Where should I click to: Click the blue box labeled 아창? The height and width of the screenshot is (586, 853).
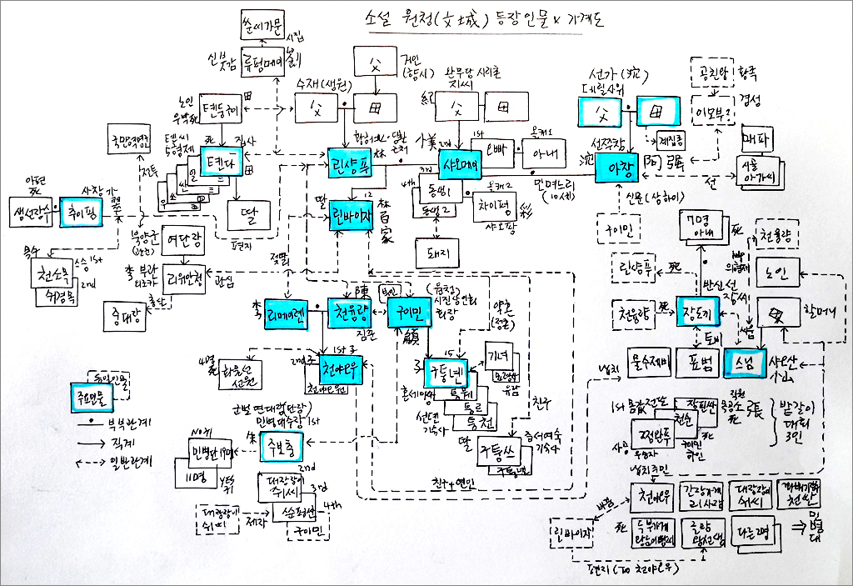click(617, 166)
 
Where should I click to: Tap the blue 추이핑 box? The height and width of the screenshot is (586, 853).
click(87, 210)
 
